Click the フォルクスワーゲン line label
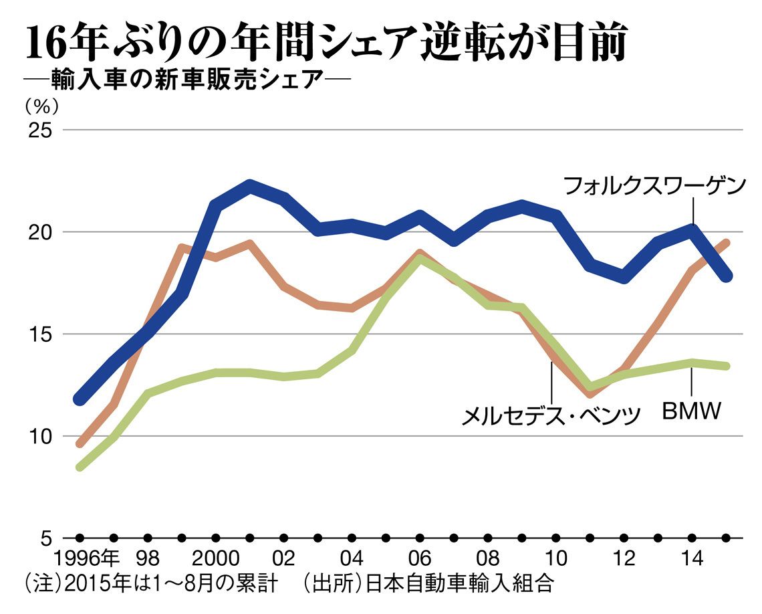coord(654,187)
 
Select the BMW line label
coord(692,411)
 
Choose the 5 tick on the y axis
coord(45,538)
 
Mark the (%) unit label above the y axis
coord(41,106)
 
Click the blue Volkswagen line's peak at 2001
coord(249,185)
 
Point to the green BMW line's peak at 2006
coord(420,259)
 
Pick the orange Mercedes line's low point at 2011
coord(590,393)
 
